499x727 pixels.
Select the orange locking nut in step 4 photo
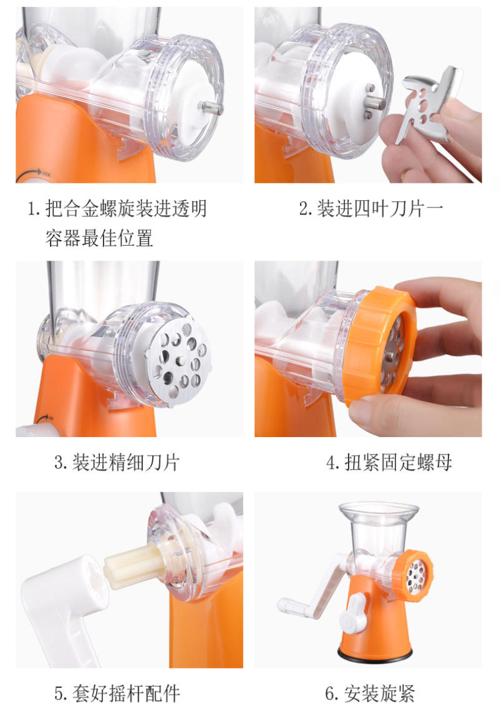point(380,346)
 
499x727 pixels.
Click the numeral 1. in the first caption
point(34,209)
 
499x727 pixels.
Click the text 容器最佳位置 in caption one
point(99,238)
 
